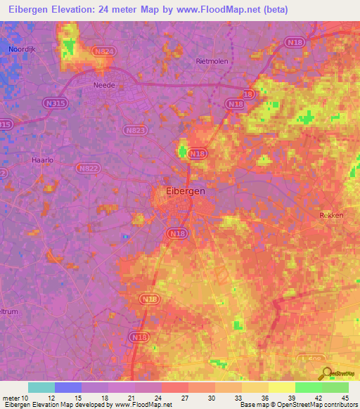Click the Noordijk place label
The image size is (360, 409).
22,48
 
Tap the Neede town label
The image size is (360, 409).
105,85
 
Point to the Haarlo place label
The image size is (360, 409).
43,160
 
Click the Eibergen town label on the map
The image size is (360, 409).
185,191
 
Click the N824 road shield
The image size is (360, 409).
103,51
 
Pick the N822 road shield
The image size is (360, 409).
89,169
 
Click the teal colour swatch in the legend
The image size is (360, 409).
41,387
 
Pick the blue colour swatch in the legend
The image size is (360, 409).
68,387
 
